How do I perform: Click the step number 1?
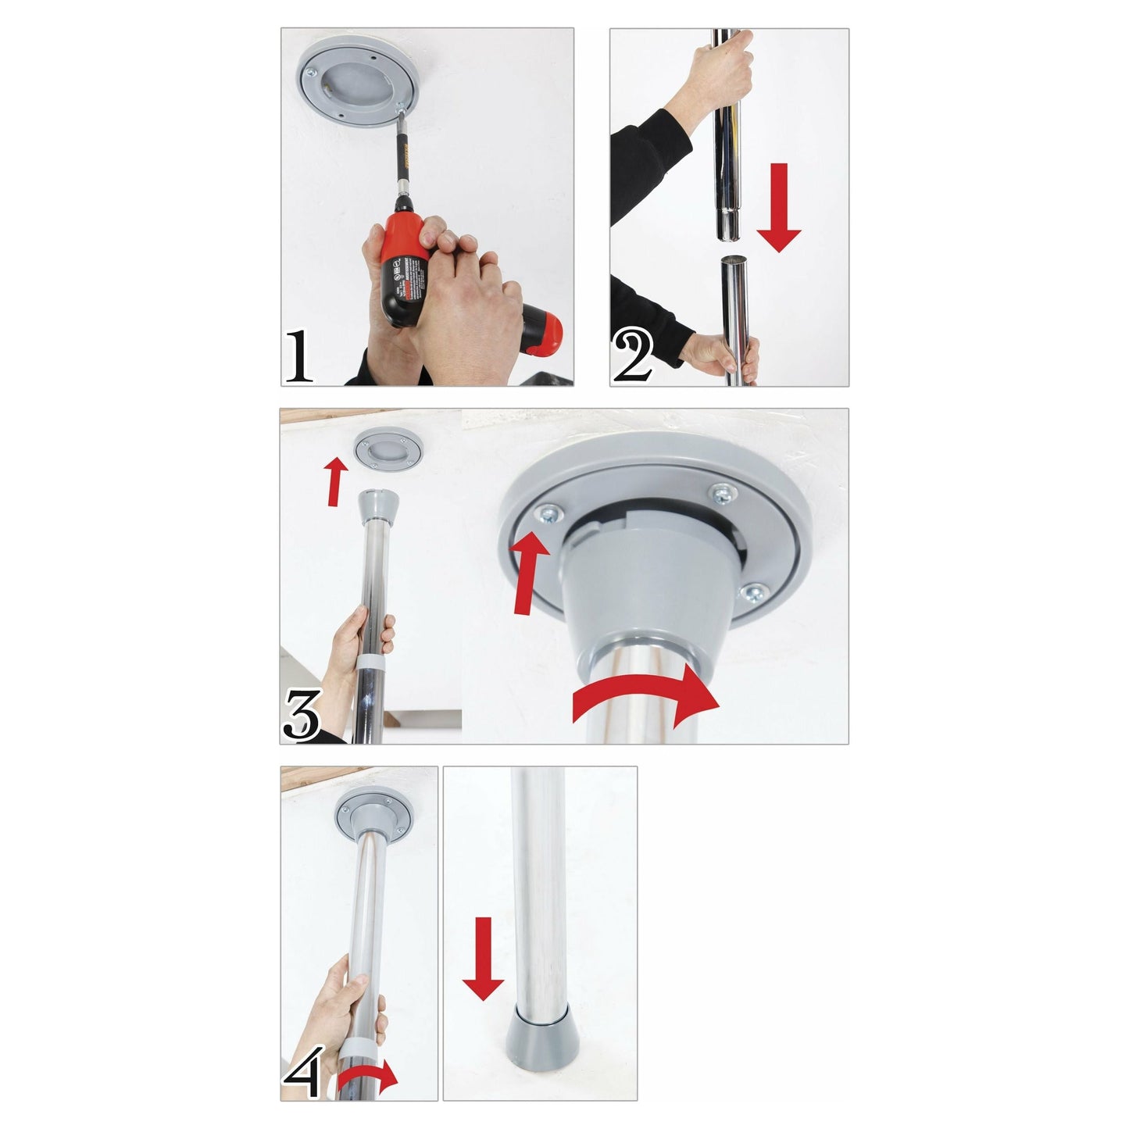click(x=298, y=356)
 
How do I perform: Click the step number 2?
click(x=631, y=357)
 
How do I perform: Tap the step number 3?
click(x=302, y=714)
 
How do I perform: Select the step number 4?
click(x=302, y=1072)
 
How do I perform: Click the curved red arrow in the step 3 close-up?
click(x=645, y=698)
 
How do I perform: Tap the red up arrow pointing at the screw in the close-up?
click(x=529, y=574)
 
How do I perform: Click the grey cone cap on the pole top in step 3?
click(x=377, y=509)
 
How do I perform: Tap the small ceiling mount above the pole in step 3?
click(x=388, y=452)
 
